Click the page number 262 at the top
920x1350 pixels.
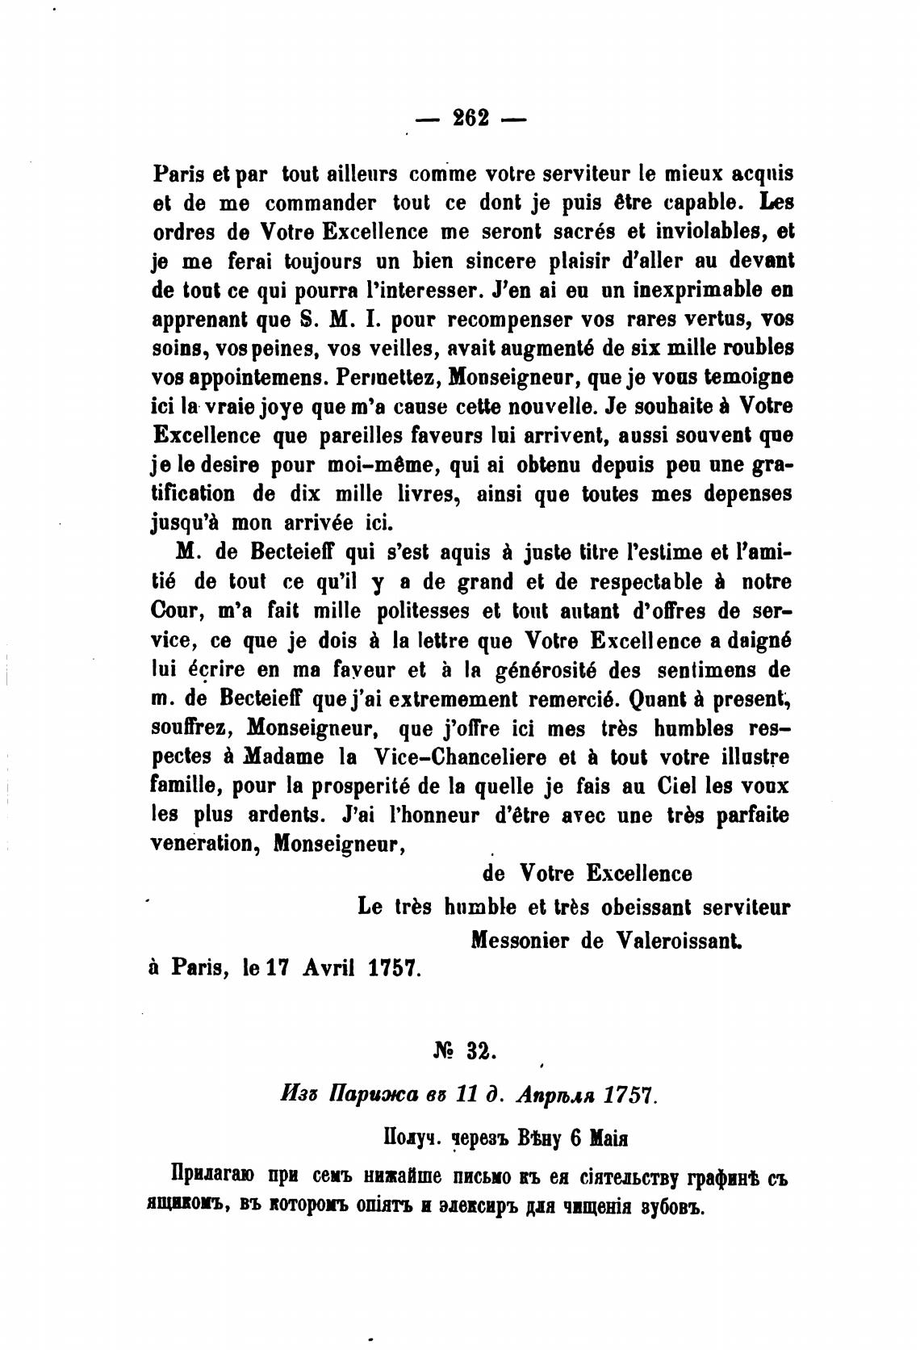470,118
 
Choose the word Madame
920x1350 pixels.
284,758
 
